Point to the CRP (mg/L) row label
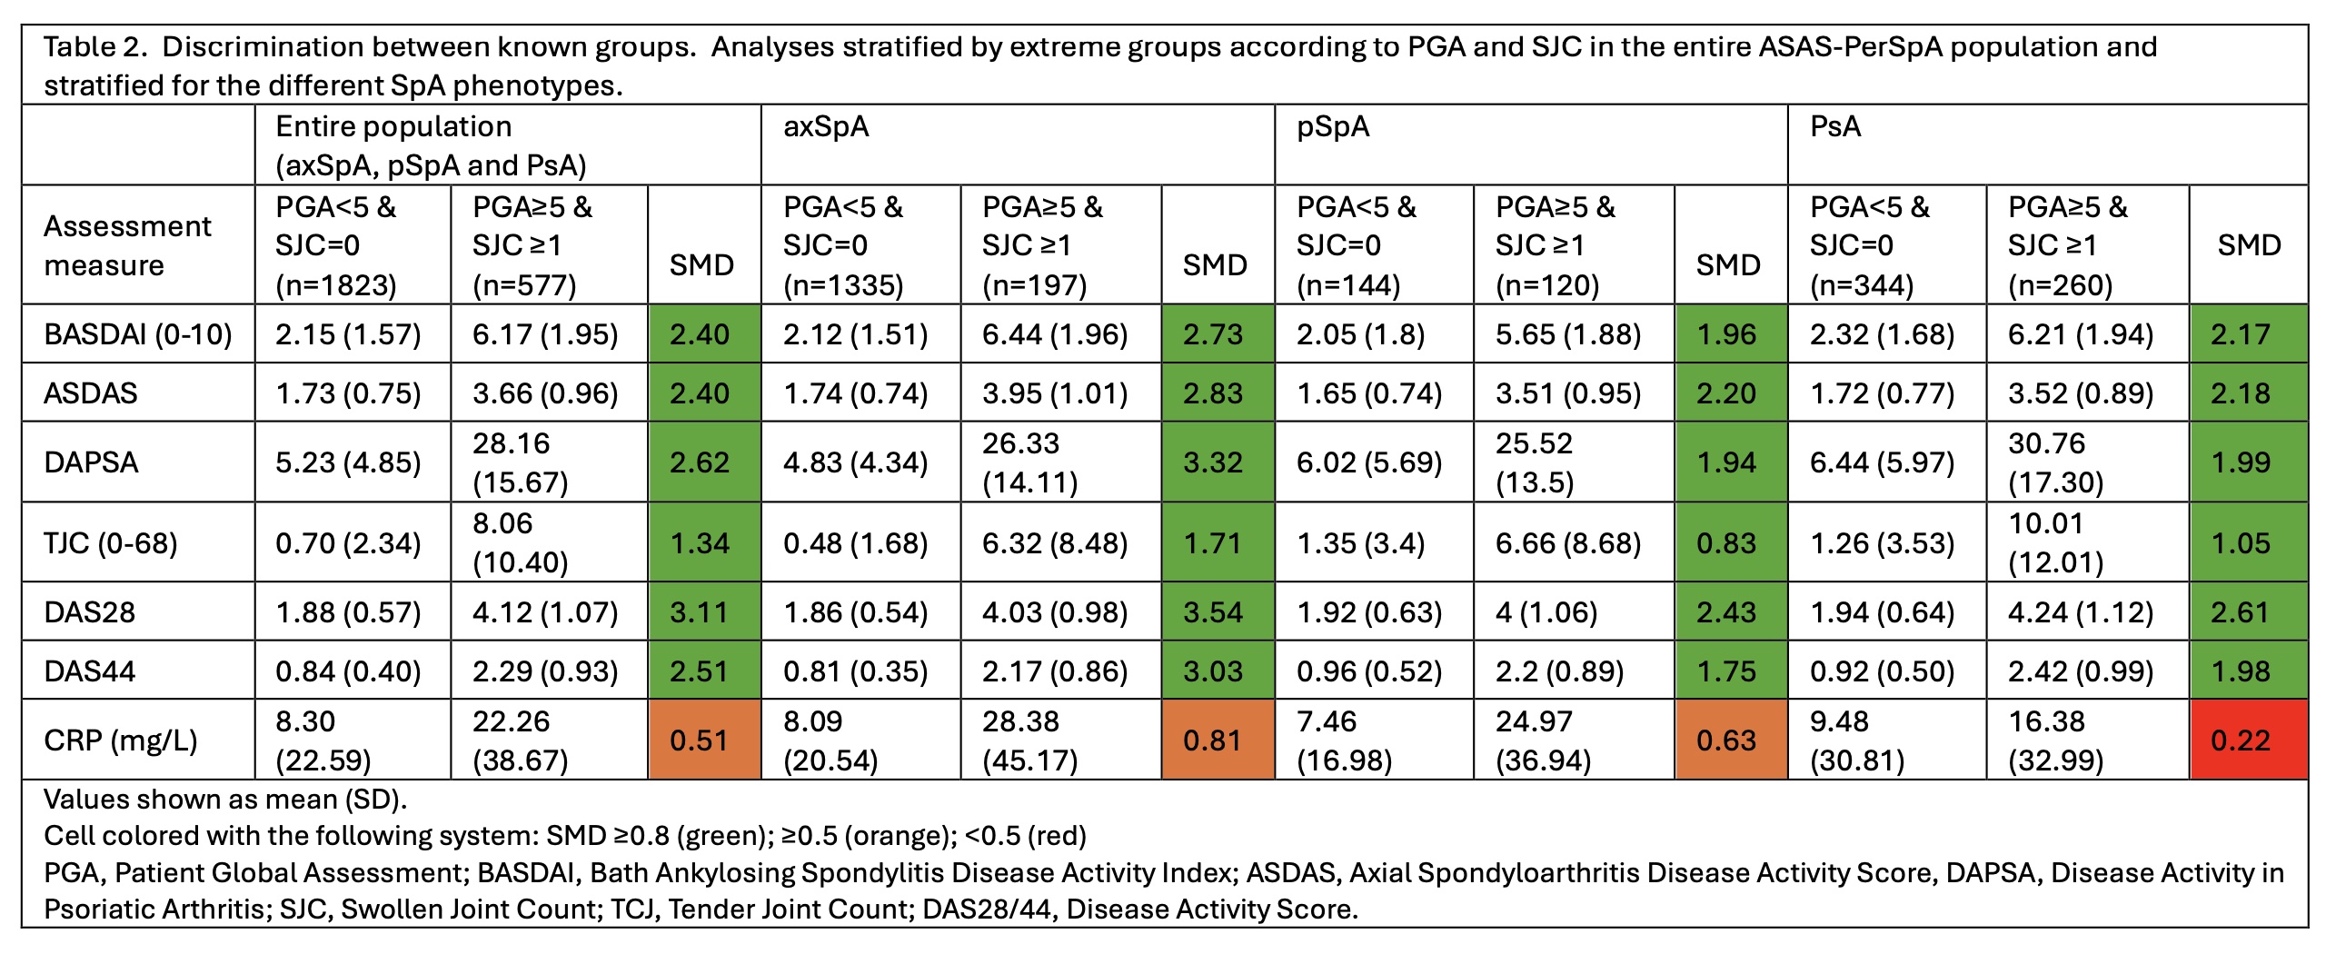coord(120,740)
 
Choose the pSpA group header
coord(1332,126)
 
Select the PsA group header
coord(1834,126)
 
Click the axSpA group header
coord(826,126)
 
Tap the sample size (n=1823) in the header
coord(336,285)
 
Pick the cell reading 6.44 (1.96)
coord(1054,334)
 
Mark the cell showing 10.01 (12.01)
coord(2055,542)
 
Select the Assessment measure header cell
coord(127,245)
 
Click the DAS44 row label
coord(89,671)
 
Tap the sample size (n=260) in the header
coord(2060,285)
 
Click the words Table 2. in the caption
coord(94,47)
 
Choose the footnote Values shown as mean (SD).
coord(225,800)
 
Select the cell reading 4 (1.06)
coord(1546,612)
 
